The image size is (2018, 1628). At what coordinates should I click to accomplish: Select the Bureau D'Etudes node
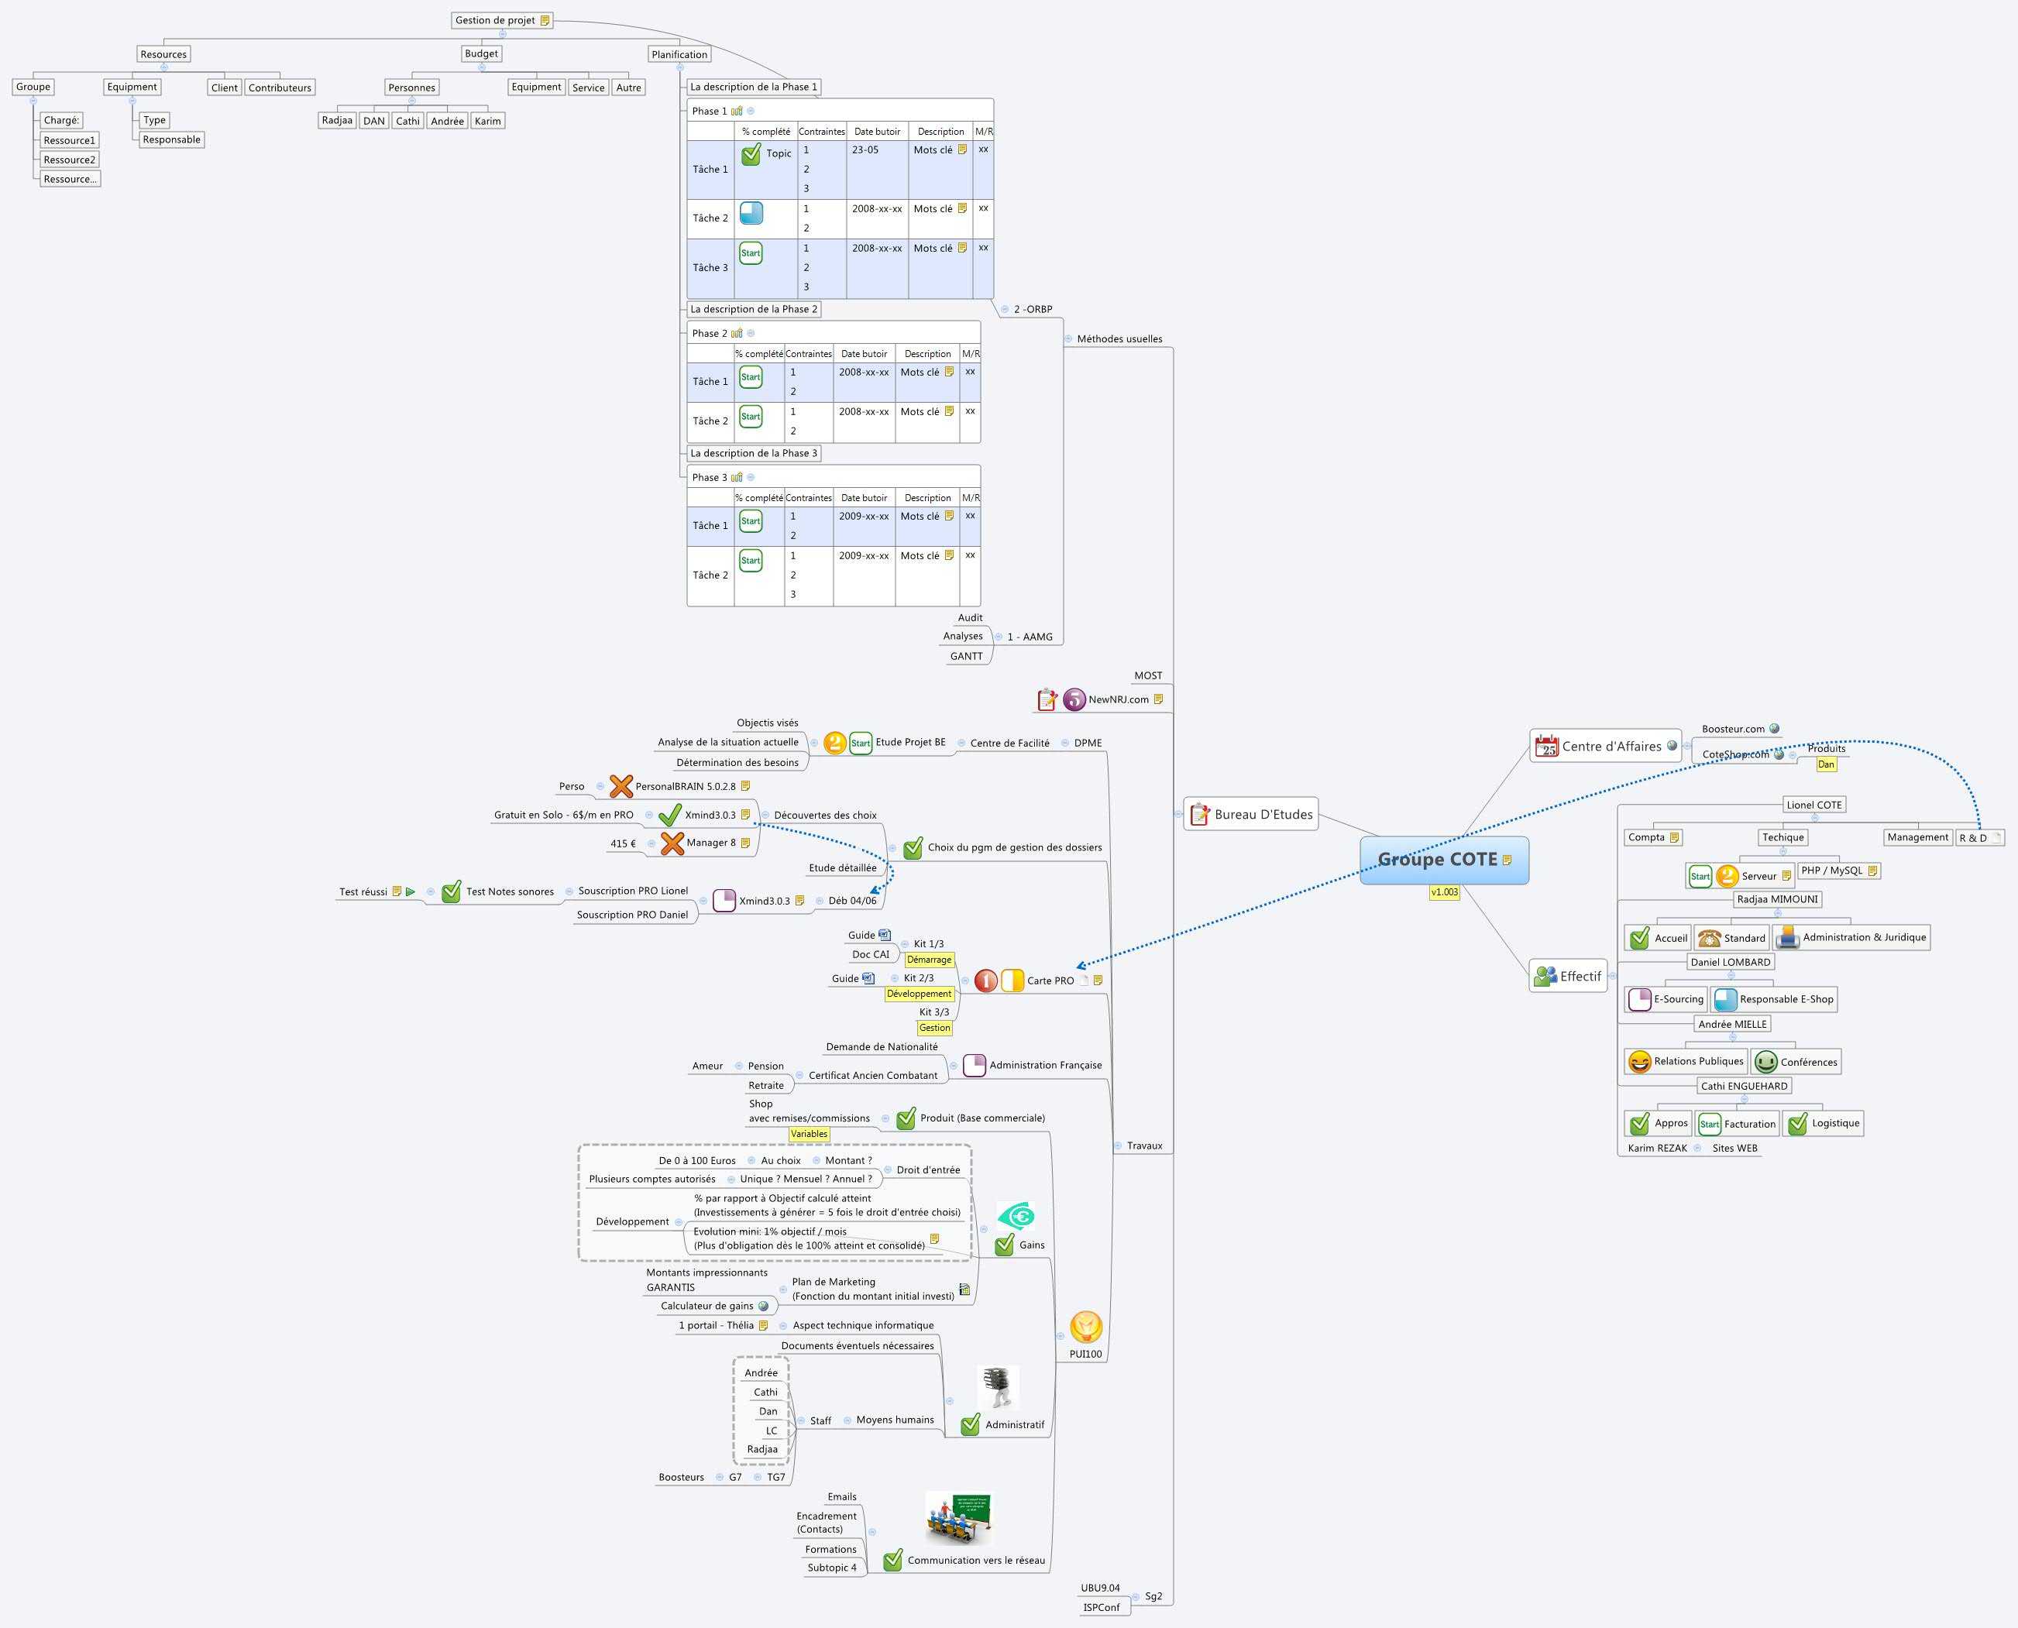tap(1251, 814)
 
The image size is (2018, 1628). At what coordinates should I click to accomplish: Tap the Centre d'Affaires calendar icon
tap(1546, 747)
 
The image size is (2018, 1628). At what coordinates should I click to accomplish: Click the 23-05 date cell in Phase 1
tap(865, 150)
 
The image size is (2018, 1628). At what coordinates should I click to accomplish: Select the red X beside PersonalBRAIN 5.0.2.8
tap(621, 786)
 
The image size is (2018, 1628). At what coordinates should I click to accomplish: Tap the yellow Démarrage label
tap(928, 960)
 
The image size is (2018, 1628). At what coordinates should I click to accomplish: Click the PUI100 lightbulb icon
tap(1086, 1327)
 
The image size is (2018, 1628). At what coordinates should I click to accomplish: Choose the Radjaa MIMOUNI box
tap(1777, 899)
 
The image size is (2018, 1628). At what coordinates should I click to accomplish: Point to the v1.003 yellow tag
tap(1444, 891)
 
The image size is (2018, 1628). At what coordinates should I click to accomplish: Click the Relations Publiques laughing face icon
tap(1639, 1062)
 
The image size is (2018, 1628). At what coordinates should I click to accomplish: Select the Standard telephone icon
tap(1709, 938)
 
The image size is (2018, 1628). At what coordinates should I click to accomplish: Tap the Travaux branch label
tap(1144, 1145)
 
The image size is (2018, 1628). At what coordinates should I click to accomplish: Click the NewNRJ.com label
tap(1118, 699)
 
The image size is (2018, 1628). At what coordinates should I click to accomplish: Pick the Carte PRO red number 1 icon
tap(985, 981)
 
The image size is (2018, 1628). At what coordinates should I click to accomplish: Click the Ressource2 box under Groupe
tap(70, 160)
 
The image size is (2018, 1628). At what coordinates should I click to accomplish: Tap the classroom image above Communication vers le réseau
tap(958, 1518)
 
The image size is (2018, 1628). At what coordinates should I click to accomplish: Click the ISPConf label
tap(1101, 1607)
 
